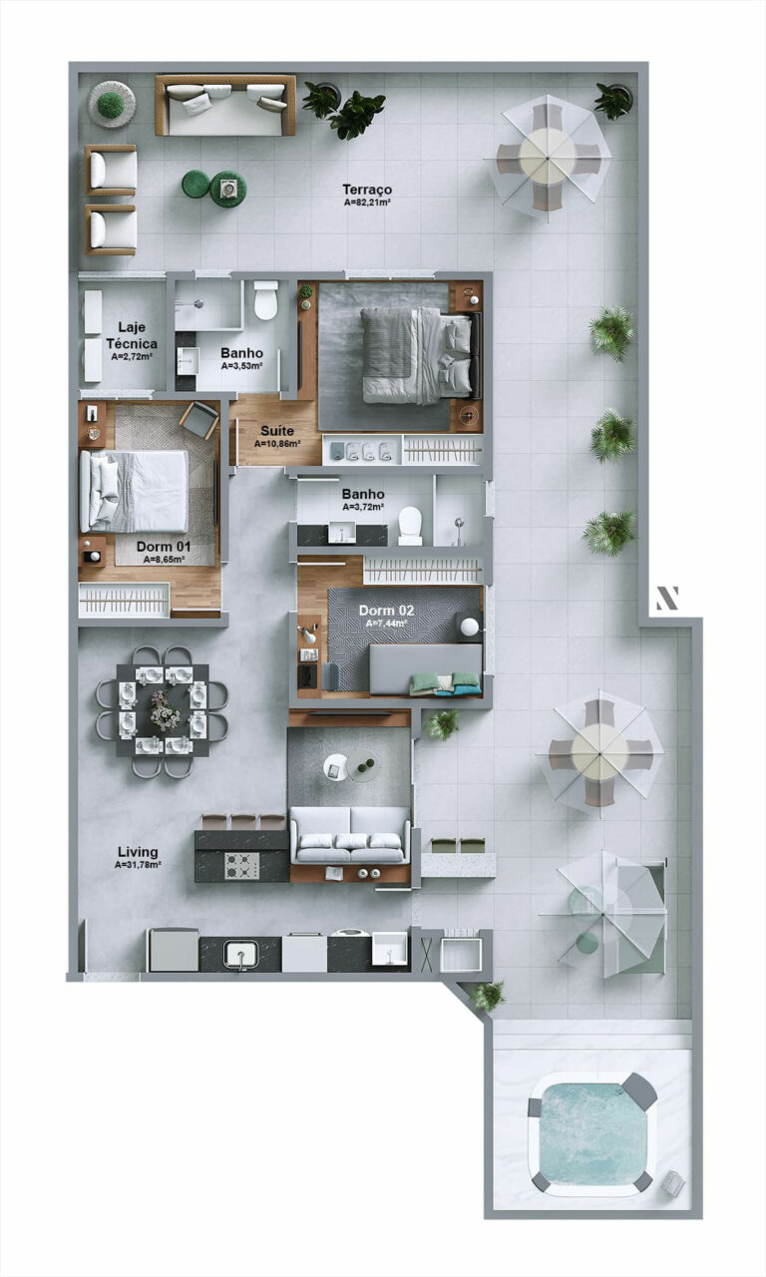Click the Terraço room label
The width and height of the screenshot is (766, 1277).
[x=367, y=190]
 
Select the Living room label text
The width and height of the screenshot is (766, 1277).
[x=138, y=852]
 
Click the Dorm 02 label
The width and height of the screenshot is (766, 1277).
[x=386, y=610]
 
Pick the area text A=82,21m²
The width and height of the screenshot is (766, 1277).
[x=367, y=204]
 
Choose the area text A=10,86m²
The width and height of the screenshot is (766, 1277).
[x=277, y=443]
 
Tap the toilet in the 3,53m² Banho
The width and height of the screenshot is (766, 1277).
[x=265, y=299]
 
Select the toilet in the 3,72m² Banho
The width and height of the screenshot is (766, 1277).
[x=410, y=525]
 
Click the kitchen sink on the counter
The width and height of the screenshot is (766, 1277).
[x=239, y=955]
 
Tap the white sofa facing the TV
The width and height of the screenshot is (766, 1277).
[x=349, y=836]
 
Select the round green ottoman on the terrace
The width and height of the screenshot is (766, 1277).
[x=195, y=184]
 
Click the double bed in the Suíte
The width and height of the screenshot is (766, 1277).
[x=415, y=355]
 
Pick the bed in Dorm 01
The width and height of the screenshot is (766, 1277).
[x=137, y=491]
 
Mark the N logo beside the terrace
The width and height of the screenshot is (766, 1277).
[x=666, y=598]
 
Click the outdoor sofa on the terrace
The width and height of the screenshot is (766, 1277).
[x=225, y=105]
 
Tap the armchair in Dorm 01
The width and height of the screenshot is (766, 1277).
[x=198, y=420]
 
